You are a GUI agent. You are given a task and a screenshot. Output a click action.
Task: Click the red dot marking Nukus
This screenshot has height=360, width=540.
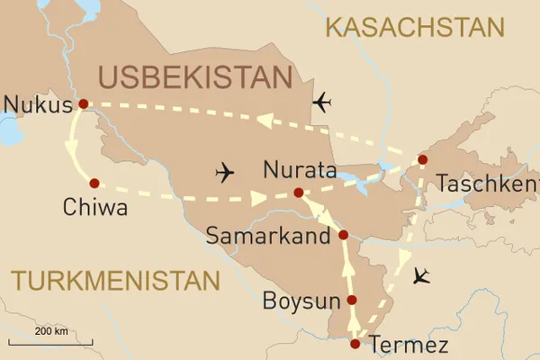click(x=83, y=103)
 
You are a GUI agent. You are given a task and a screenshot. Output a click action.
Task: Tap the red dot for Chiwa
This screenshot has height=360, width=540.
click(x=94, y=183)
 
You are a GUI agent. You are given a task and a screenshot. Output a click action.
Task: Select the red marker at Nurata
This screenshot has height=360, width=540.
click(x=299, y=193)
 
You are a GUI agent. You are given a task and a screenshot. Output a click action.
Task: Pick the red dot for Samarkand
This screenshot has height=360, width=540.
click(x=343, y=235)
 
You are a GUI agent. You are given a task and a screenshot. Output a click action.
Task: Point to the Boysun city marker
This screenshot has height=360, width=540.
click(x=352, y=301)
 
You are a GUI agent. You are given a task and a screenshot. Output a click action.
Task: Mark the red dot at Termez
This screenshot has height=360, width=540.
click(x=355, y=343)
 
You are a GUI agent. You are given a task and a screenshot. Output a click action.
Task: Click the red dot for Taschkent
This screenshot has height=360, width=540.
click(x=421, y=160)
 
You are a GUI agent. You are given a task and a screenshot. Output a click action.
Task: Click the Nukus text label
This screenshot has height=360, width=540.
click(x=37, y=105)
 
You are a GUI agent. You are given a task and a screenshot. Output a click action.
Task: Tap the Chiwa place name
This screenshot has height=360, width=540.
click(x=94, y=209)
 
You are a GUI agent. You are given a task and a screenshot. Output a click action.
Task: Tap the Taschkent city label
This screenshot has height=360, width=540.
click(x=487, y=185)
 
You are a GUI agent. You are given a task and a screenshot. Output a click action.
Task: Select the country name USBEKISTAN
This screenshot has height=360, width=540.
click(x=196, y=78)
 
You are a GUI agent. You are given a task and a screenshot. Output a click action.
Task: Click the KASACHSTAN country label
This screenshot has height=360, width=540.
click(x=414, y=27)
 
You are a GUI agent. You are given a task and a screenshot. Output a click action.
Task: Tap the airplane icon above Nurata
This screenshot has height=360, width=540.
click(x=225, y=171)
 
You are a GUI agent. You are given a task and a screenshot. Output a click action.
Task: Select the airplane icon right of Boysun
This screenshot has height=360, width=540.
click(x=418, y=276)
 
